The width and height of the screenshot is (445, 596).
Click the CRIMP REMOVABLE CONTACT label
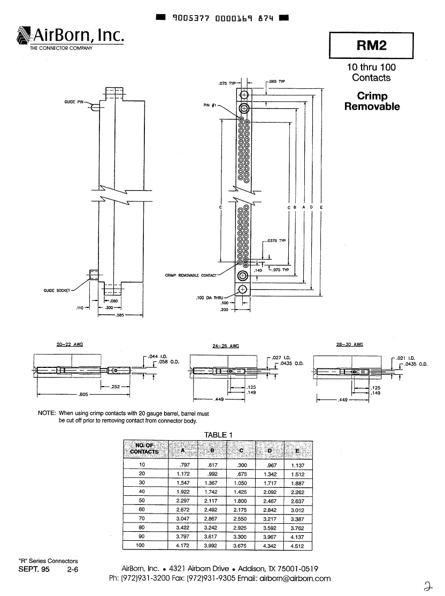(191, 275)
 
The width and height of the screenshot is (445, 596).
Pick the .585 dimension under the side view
(120, 316)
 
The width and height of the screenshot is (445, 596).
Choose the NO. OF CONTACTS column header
(144, 448)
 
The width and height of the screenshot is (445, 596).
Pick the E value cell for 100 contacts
(297, 546)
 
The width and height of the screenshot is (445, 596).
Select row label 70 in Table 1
(142, 518)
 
